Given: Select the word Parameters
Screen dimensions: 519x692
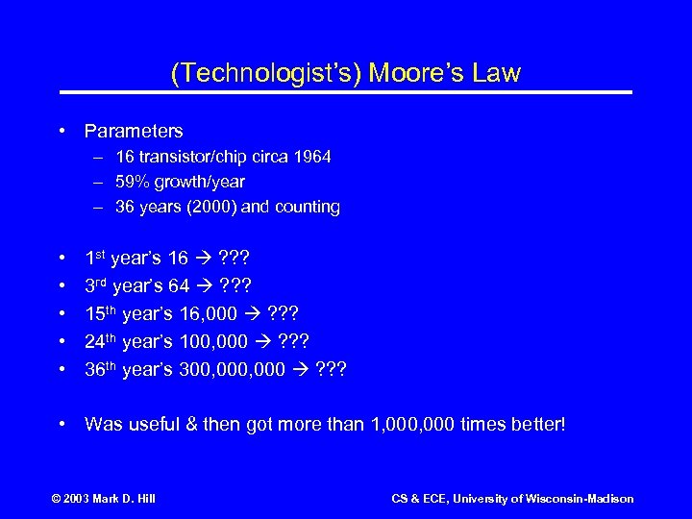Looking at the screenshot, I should (134, 130).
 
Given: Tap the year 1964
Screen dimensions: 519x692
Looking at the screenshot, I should (311, 157).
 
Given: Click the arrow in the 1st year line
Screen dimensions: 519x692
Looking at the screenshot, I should (203, 259).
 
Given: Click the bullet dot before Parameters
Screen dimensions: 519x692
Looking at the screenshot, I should (62, 130).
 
